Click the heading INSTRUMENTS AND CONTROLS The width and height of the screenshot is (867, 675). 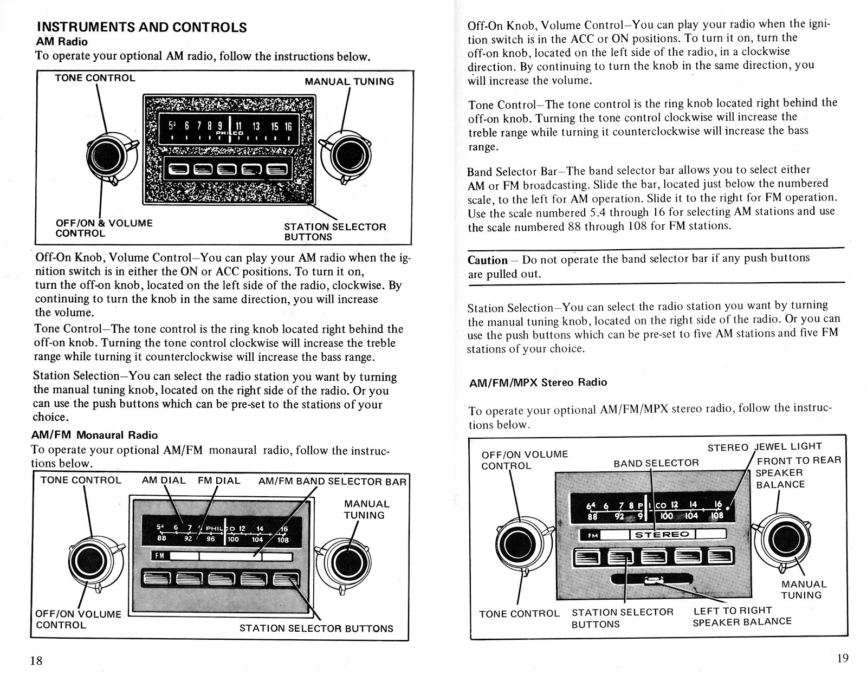(141, 27)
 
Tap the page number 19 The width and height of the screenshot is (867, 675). (842, 659)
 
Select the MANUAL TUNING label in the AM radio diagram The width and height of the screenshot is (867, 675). (349, 81)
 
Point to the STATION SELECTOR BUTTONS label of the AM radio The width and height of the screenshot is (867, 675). (335, 232)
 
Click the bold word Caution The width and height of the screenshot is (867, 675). (488, 259)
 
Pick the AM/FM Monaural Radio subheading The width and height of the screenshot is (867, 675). (95, 435)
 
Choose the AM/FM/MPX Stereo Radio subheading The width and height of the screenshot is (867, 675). (538, 382)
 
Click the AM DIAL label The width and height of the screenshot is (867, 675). (164, 481)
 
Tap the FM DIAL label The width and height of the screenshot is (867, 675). (219, 481)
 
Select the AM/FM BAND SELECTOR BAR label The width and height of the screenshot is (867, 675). (332, 481)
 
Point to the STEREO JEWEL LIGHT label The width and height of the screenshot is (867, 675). (765, 447)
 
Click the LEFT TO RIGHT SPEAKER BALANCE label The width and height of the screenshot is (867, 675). (742, 616)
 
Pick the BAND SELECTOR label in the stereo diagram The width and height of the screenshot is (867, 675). (656, 463)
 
